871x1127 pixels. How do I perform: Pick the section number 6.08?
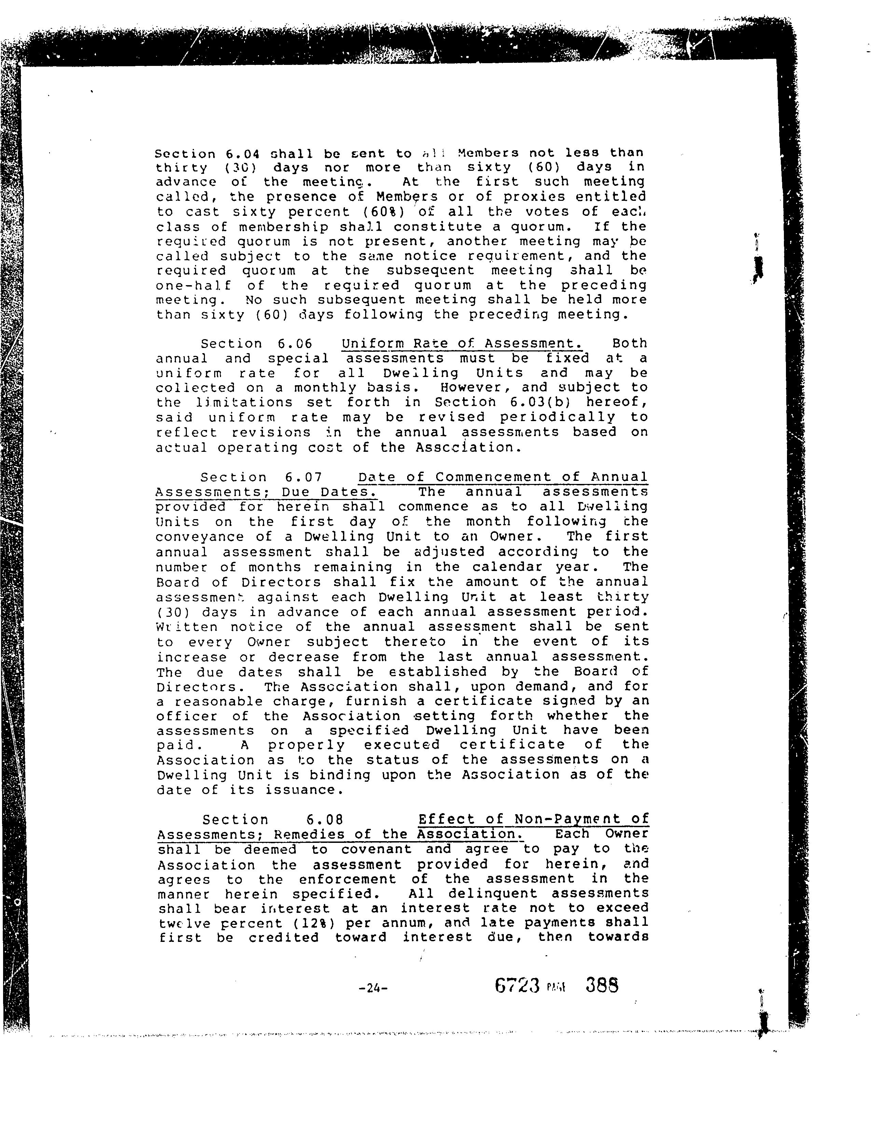(x=324, y=819)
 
